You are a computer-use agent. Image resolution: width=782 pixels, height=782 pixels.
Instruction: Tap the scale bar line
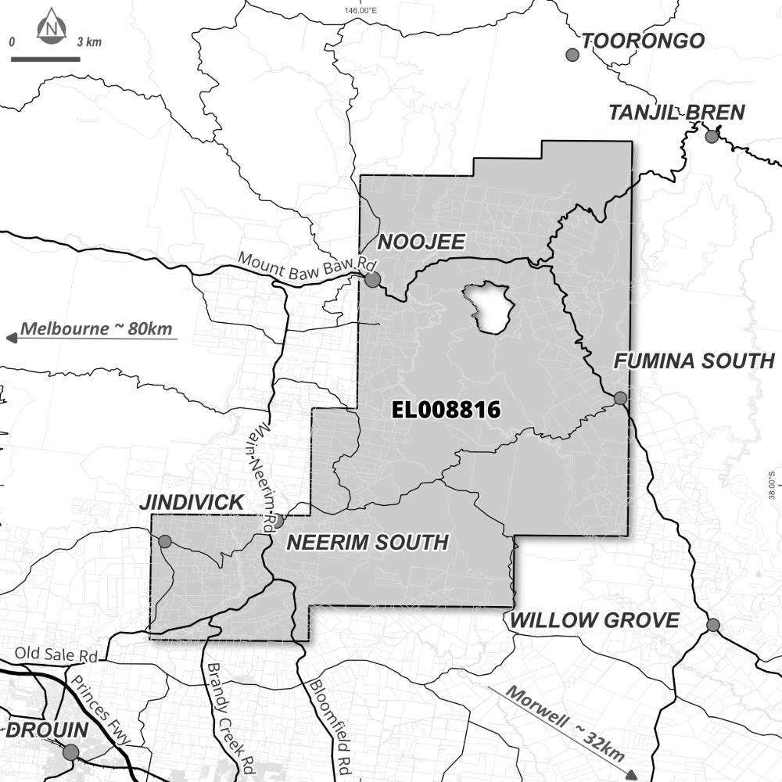[45, 59]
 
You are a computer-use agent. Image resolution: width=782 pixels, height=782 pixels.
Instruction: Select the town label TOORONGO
[644, 41]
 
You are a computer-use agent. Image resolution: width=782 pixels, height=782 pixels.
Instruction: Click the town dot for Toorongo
[572, 55]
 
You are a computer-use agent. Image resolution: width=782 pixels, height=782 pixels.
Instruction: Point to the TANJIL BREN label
[676, 113]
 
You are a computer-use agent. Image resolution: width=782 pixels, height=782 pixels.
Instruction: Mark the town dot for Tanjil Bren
[712, 137]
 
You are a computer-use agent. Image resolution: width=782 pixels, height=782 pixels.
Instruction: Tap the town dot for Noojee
[373, 279]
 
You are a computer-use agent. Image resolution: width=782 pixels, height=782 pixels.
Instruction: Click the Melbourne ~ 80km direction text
[96, 328]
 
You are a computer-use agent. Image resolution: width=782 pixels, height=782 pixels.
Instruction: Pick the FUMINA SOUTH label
[693, 361]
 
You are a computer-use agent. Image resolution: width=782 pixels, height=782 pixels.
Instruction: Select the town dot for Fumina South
[620, 398]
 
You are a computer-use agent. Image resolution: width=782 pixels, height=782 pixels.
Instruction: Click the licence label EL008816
[446, 411]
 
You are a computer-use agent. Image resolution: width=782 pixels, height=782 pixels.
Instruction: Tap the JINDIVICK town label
[192, 502]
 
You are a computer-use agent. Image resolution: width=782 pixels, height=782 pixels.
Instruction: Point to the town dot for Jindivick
[165, 541]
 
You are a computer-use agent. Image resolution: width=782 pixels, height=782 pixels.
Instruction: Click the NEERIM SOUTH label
[368, 542]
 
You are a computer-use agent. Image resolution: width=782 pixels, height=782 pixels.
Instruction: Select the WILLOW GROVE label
[594, 621]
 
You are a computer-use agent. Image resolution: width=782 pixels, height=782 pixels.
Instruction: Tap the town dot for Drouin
[70, 752]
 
